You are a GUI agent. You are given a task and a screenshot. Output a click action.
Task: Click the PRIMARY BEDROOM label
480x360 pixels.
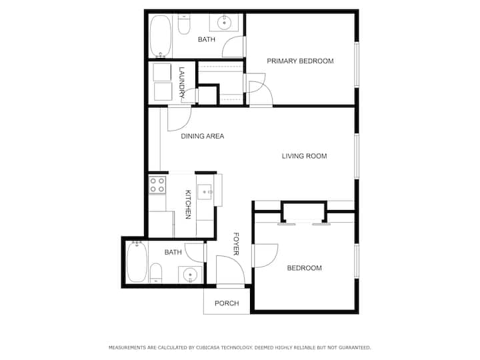[300, 61]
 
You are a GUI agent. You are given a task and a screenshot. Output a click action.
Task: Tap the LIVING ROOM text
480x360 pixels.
[304, 156]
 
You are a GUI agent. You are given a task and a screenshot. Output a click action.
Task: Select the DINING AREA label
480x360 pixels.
[203, 136]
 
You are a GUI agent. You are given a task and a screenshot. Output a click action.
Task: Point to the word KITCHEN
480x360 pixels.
[188, 205]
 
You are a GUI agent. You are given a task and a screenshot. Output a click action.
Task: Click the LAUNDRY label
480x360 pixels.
[182, 83]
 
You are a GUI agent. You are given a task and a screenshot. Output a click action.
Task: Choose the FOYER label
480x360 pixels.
[236, 244]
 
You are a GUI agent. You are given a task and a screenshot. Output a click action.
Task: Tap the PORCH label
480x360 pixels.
[227, 303]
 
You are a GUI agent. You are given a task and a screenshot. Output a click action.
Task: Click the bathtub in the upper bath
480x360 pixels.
[161, 36]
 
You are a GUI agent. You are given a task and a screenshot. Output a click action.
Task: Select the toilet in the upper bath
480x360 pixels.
[184, 25]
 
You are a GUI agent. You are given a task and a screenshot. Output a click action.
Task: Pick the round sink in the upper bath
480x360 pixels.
[225, 23]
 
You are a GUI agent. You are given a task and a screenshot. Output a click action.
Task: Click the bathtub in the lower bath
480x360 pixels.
[137, 262]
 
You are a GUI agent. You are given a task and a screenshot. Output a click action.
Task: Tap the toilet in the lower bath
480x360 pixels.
[155, 273]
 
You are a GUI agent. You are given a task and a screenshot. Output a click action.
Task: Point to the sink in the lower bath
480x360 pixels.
[190, 274]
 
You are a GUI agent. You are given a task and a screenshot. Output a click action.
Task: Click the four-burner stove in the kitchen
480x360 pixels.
[157, 185]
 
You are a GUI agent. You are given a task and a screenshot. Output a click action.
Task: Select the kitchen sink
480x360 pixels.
[205, 192]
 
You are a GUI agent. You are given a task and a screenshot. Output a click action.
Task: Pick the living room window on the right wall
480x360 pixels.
[357, 156]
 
